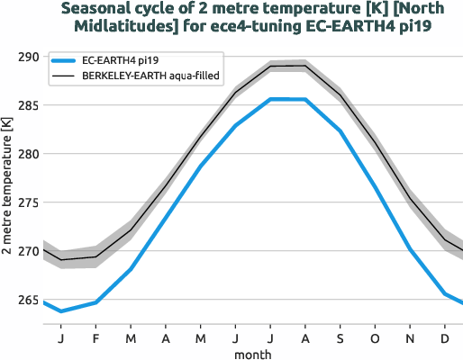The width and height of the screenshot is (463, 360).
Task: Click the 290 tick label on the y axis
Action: (27, 57)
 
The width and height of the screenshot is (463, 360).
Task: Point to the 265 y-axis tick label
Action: (27, 300)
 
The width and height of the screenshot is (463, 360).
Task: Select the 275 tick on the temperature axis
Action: (27, 202)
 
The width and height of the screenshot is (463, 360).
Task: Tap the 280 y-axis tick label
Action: (27, 154)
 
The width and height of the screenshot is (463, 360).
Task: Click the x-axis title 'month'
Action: (253, 354)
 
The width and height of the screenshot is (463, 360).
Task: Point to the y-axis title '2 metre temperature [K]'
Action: (8, 184)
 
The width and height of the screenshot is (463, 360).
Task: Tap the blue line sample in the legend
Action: (63, 60)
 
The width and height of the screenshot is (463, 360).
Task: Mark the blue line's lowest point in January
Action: (61, 311)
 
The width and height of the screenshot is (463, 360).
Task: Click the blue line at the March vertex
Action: (132, 269)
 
